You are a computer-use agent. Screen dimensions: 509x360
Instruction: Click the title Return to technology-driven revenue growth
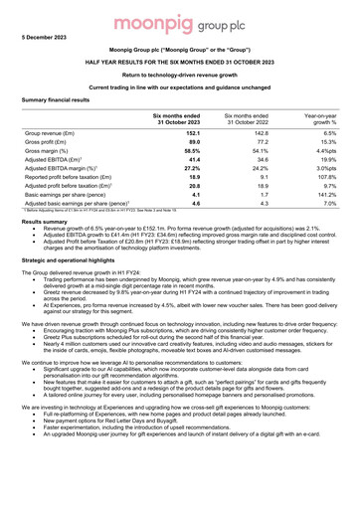pos(180,75)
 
